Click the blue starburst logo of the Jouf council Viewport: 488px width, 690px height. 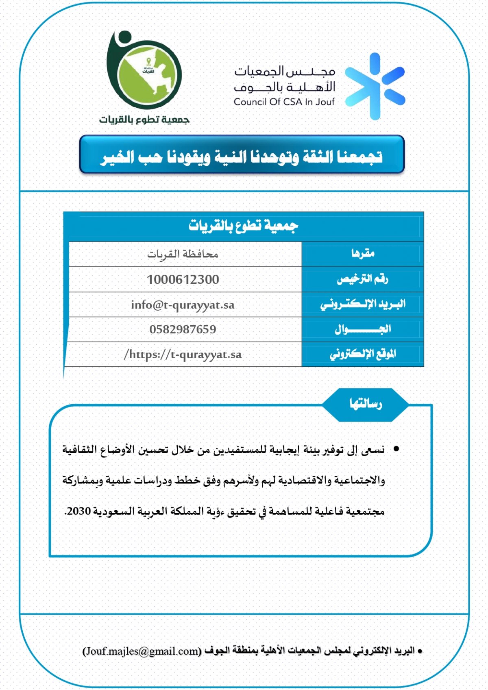[375, 87]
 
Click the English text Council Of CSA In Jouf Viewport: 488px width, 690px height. [284, 102]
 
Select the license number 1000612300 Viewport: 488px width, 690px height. [183, 279]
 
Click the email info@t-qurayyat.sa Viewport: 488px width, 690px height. [183, 305]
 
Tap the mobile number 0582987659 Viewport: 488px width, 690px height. [183, 329]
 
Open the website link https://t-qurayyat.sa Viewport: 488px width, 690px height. [183, 355]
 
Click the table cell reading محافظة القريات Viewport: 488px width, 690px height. [183, 254]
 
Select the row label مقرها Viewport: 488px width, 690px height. [363, 254]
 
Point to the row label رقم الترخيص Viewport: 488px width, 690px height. [362, 279]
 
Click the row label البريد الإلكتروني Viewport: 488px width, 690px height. [362, 304]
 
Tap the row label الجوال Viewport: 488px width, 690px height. [362, 329]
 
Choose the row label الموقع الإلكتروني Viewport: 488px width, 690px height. [362, 354]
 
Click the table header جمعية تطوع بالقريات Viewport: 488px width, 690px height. [243, 225]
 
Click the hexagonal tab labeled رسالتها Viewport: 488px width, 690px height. [365, 404]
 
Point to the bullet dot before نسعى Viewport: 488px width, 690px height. [396, 449]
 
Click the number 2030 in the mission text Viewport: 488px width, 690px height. [78, 511]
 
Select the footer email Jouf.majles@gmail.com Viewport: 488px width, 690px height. [142, 651]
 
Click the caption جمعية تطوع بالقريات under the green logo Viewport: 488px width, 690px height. [144, 120]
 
